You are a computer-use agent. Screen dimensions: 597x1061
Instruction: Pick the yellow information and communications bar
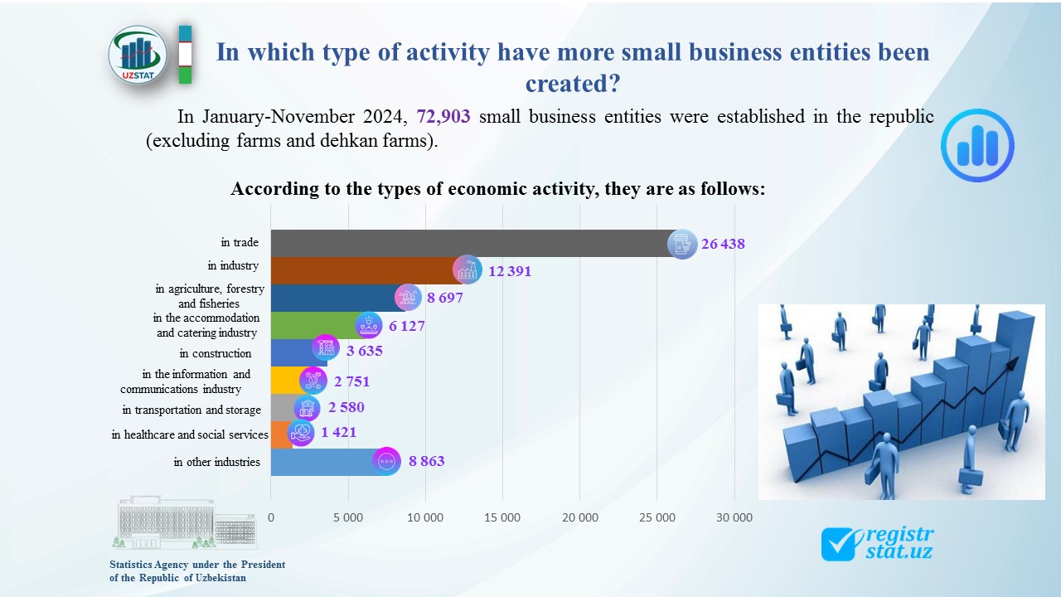(284, 380)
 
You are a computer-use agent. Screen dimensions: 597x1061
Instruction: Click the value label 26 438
(723, 244)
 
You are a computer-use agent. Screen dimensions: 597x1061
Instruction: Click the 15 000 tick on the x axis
(502, 517)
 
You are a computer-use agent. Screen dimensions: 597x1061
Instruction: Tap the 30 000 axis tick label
(734, 517)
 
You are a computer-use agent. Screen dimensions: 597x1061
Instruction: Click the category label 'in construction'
(216, 353)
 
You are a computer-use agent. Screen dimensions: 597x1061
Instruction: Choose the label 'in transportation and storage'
(191, 410)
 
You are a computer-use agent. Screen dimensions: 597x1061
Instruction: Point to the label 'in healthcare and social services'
(190, 434)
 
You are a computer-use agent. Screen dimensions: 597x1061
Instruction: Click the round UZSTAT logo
(138, 55)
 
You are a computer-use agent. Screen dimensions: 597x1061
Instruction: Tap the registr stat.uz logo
(877, 543)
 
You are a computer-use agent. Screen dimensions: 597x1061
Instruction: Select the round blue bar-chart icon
(977, 145)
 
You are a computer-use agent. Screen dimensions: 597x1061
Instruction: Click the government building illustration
(184, 522)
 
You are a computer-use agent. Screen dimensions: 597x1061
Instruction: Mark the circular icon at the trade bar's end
(682, 244)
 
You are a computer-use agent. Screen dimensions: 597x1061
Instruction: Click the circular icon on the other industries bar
(386, 461)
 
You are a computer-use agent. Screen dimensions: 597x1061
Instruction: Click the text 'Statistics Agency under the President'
(197, 565)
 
